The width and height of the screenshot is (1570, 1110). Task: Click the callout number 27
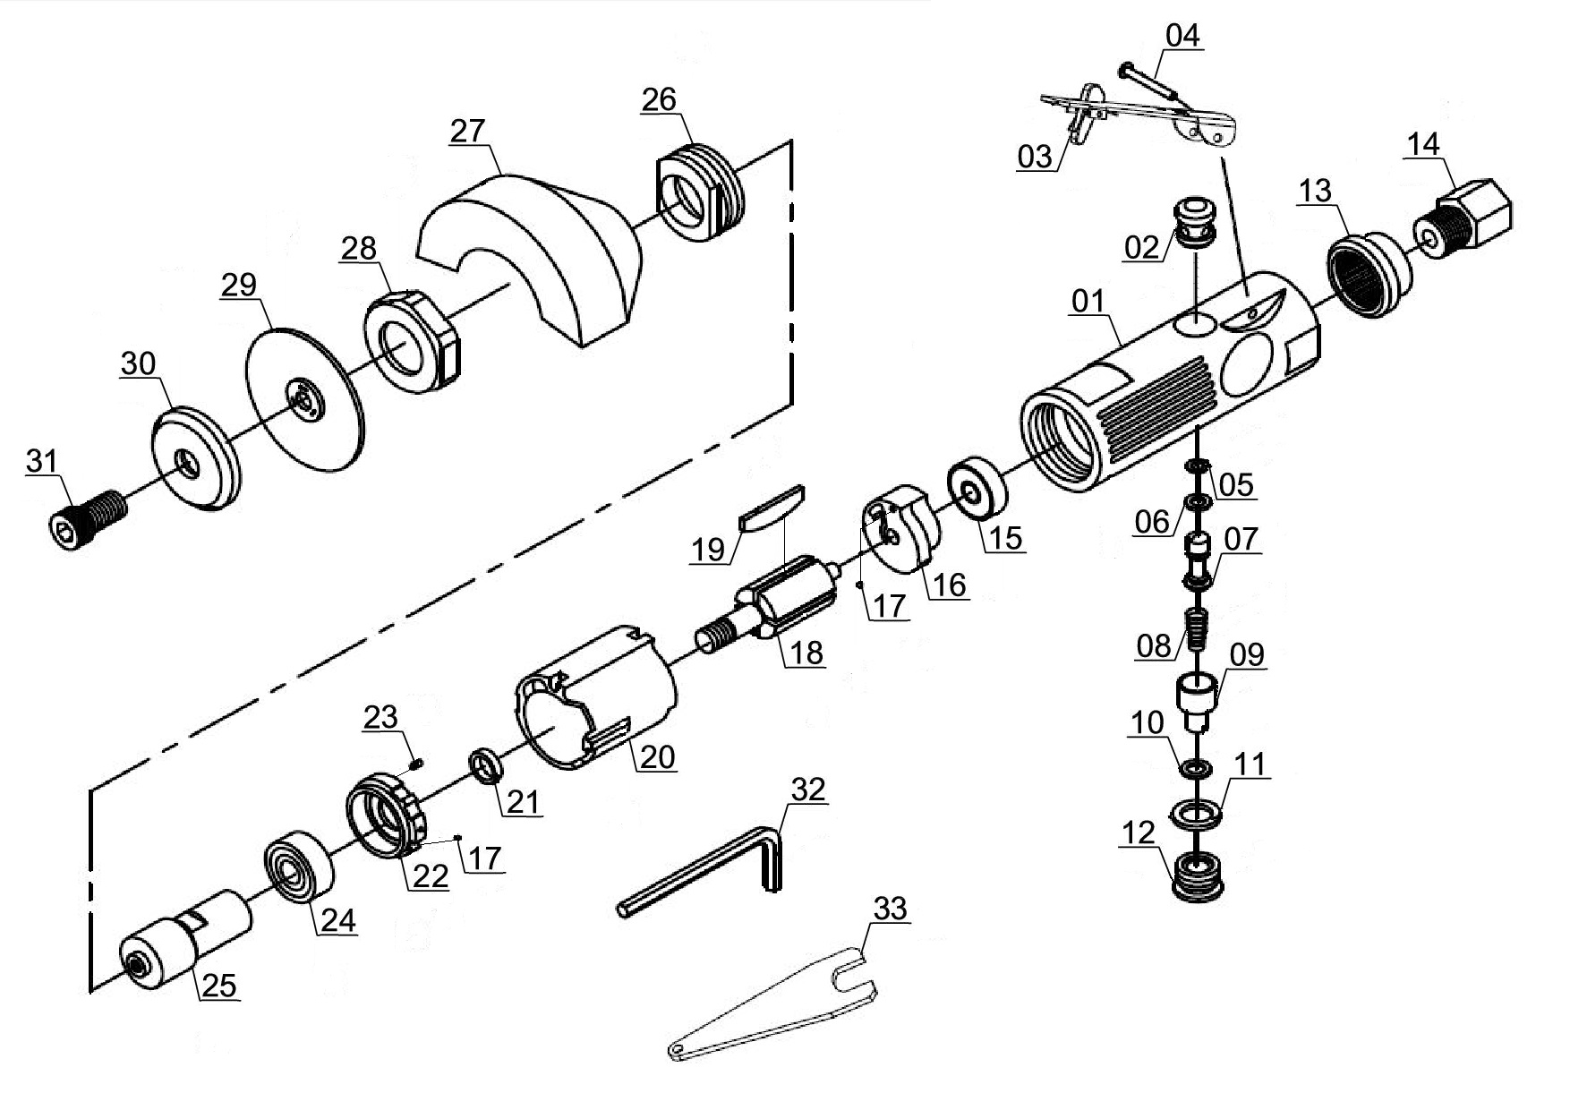point(467,131)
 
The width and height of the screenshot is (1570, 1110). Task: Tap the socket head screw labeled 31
point(85,517)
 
